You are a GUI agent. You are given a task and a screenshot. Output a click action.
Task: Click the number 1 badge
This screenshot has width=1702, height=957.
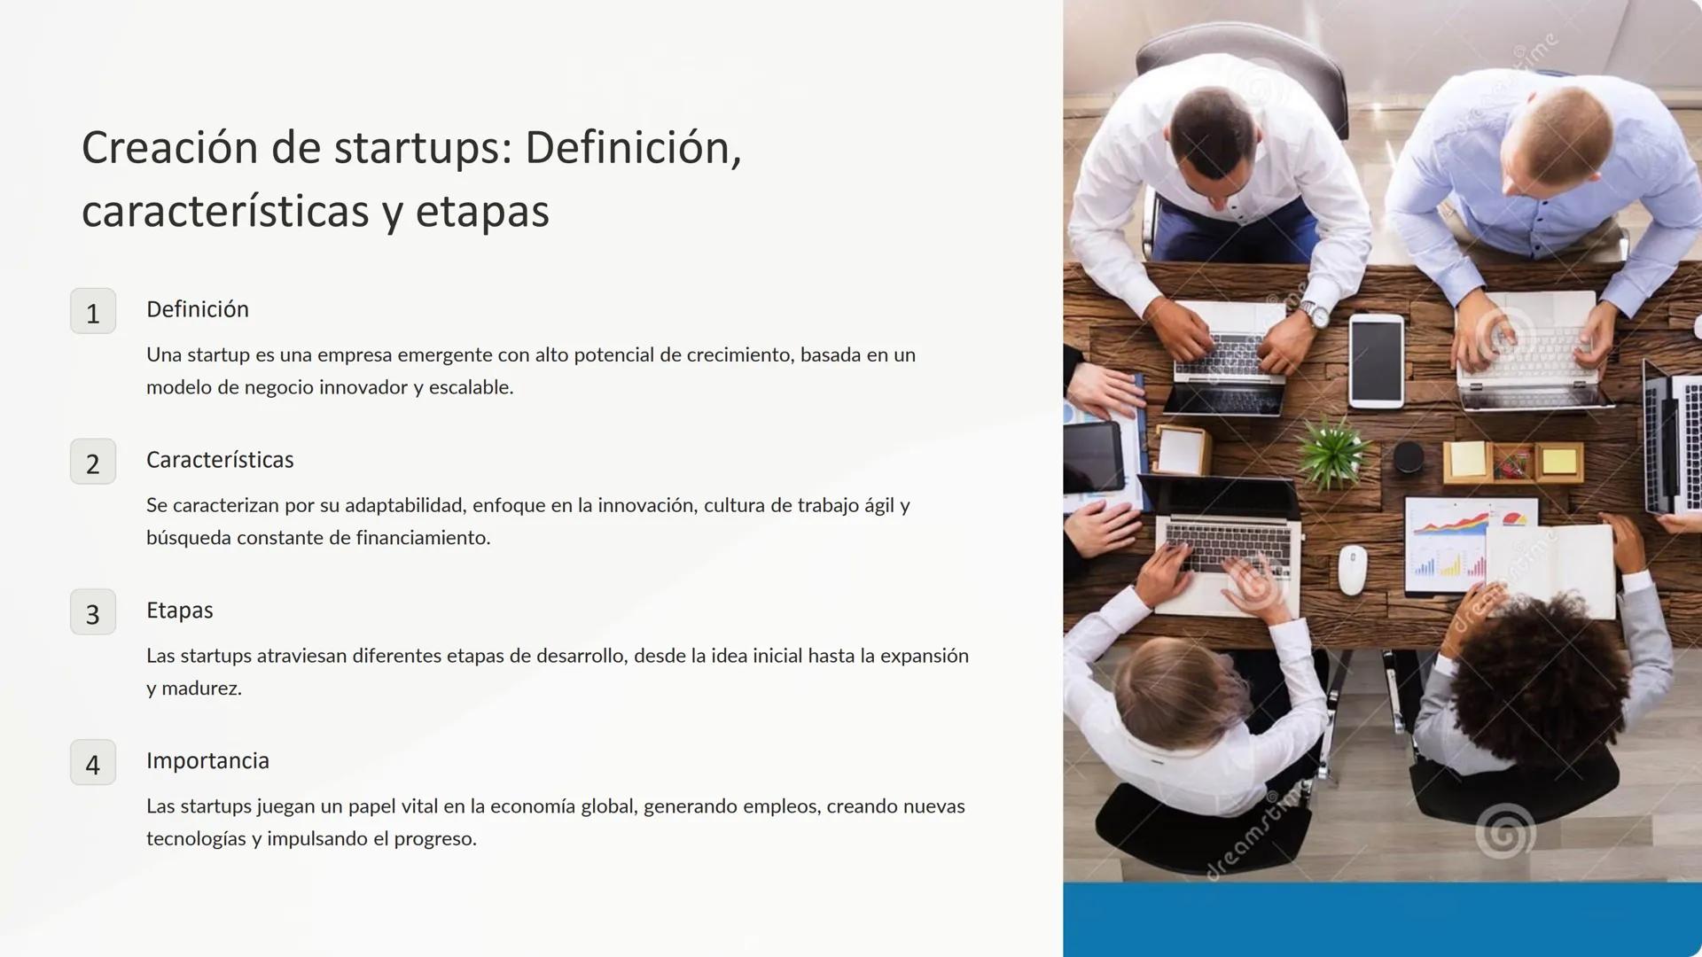[93, 311]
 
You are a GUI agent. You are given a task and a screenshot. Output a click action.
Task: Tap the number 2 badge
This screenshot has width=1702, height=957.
[93, 462]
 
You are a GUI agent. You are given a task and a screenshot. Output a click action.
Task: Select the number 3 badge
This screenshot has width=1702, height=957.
[93, 612]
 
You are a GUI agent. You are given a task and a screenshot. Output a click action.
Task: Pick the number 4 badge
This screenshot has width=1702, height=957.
[93, 763]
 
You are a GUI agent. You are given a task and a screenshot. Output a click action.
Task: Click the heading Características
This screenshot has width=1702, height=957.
[220, 460]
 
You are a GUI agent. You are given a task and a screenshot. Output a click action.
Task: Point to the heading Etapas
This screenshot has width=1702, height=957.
[179, 611]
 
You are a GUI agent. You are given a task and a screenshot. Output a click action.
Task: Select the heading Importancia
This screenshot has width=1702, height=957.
[207, 761]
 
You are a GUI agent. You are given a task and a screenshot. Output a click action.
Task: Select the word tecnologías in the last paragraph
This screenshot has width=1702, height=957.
[196, 839]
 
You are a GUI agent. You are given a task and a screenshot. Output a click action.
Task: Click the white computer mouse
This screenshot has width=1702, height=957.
[1352, 570]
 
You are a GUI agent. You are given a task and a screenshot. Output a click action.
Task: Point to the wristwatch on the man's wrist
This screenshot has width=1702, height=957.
[1316, 313]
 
